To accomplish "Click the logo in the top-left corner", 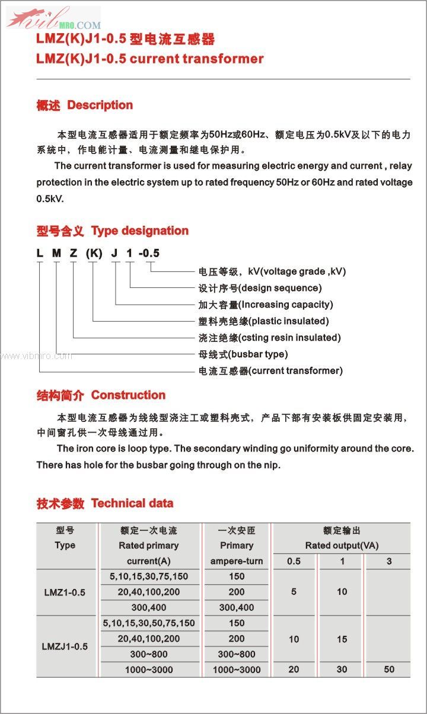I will [x=53, y=18].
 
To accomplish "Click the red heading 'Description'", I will [x=100, y=105].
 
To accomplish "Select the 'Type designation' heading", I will [x=139, y=231].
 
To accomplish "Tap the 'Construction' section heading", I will [x=128, y=395].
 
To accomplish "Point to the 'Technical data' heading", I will [x=132, y=504].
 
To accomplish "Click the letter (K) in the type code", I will [x=94, y=254].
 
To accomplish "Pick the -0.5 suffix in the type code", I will [x=149, y=254].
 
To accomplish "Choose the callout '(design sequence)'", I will [x=279, y=288].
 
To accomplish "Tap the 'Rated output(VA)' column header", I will [x=342, y=545].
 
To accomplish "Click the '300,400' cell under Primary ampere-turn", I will [x=236, y=607].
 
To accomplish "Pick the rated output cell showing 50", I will [x=389, y=670].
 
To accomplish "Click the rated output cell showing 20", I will [x=294, y=670].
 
